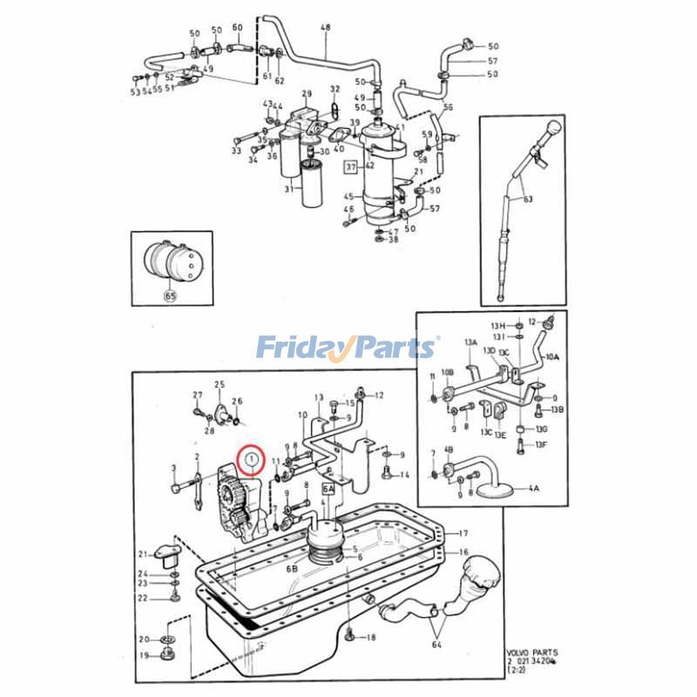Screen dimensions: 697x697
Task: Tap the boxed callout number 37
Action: [351, 166]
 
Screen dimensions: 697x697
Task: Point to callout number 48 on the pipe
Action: [326, 29]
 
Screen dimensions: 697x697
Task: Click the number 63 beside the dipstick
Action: [527, 199]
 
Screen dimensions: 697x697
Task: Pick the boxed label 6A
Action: [329, 491]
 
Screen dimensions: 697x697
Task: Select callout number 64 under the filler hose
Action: [437, 645]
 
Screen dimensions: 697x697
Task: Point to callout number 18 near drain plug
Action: [370, 638]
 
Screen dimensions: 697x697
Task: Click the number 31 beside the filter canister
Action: [288, 191]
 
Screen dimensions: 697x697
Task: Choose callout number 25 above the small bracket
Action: [220, 384]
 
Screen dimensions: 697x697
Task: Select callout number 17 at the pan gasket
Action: [464, 532]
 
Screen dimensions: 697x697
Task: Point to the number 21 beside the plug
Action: [143, 554]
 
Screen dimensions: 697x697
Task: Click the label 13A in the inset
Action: [471, 344]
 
